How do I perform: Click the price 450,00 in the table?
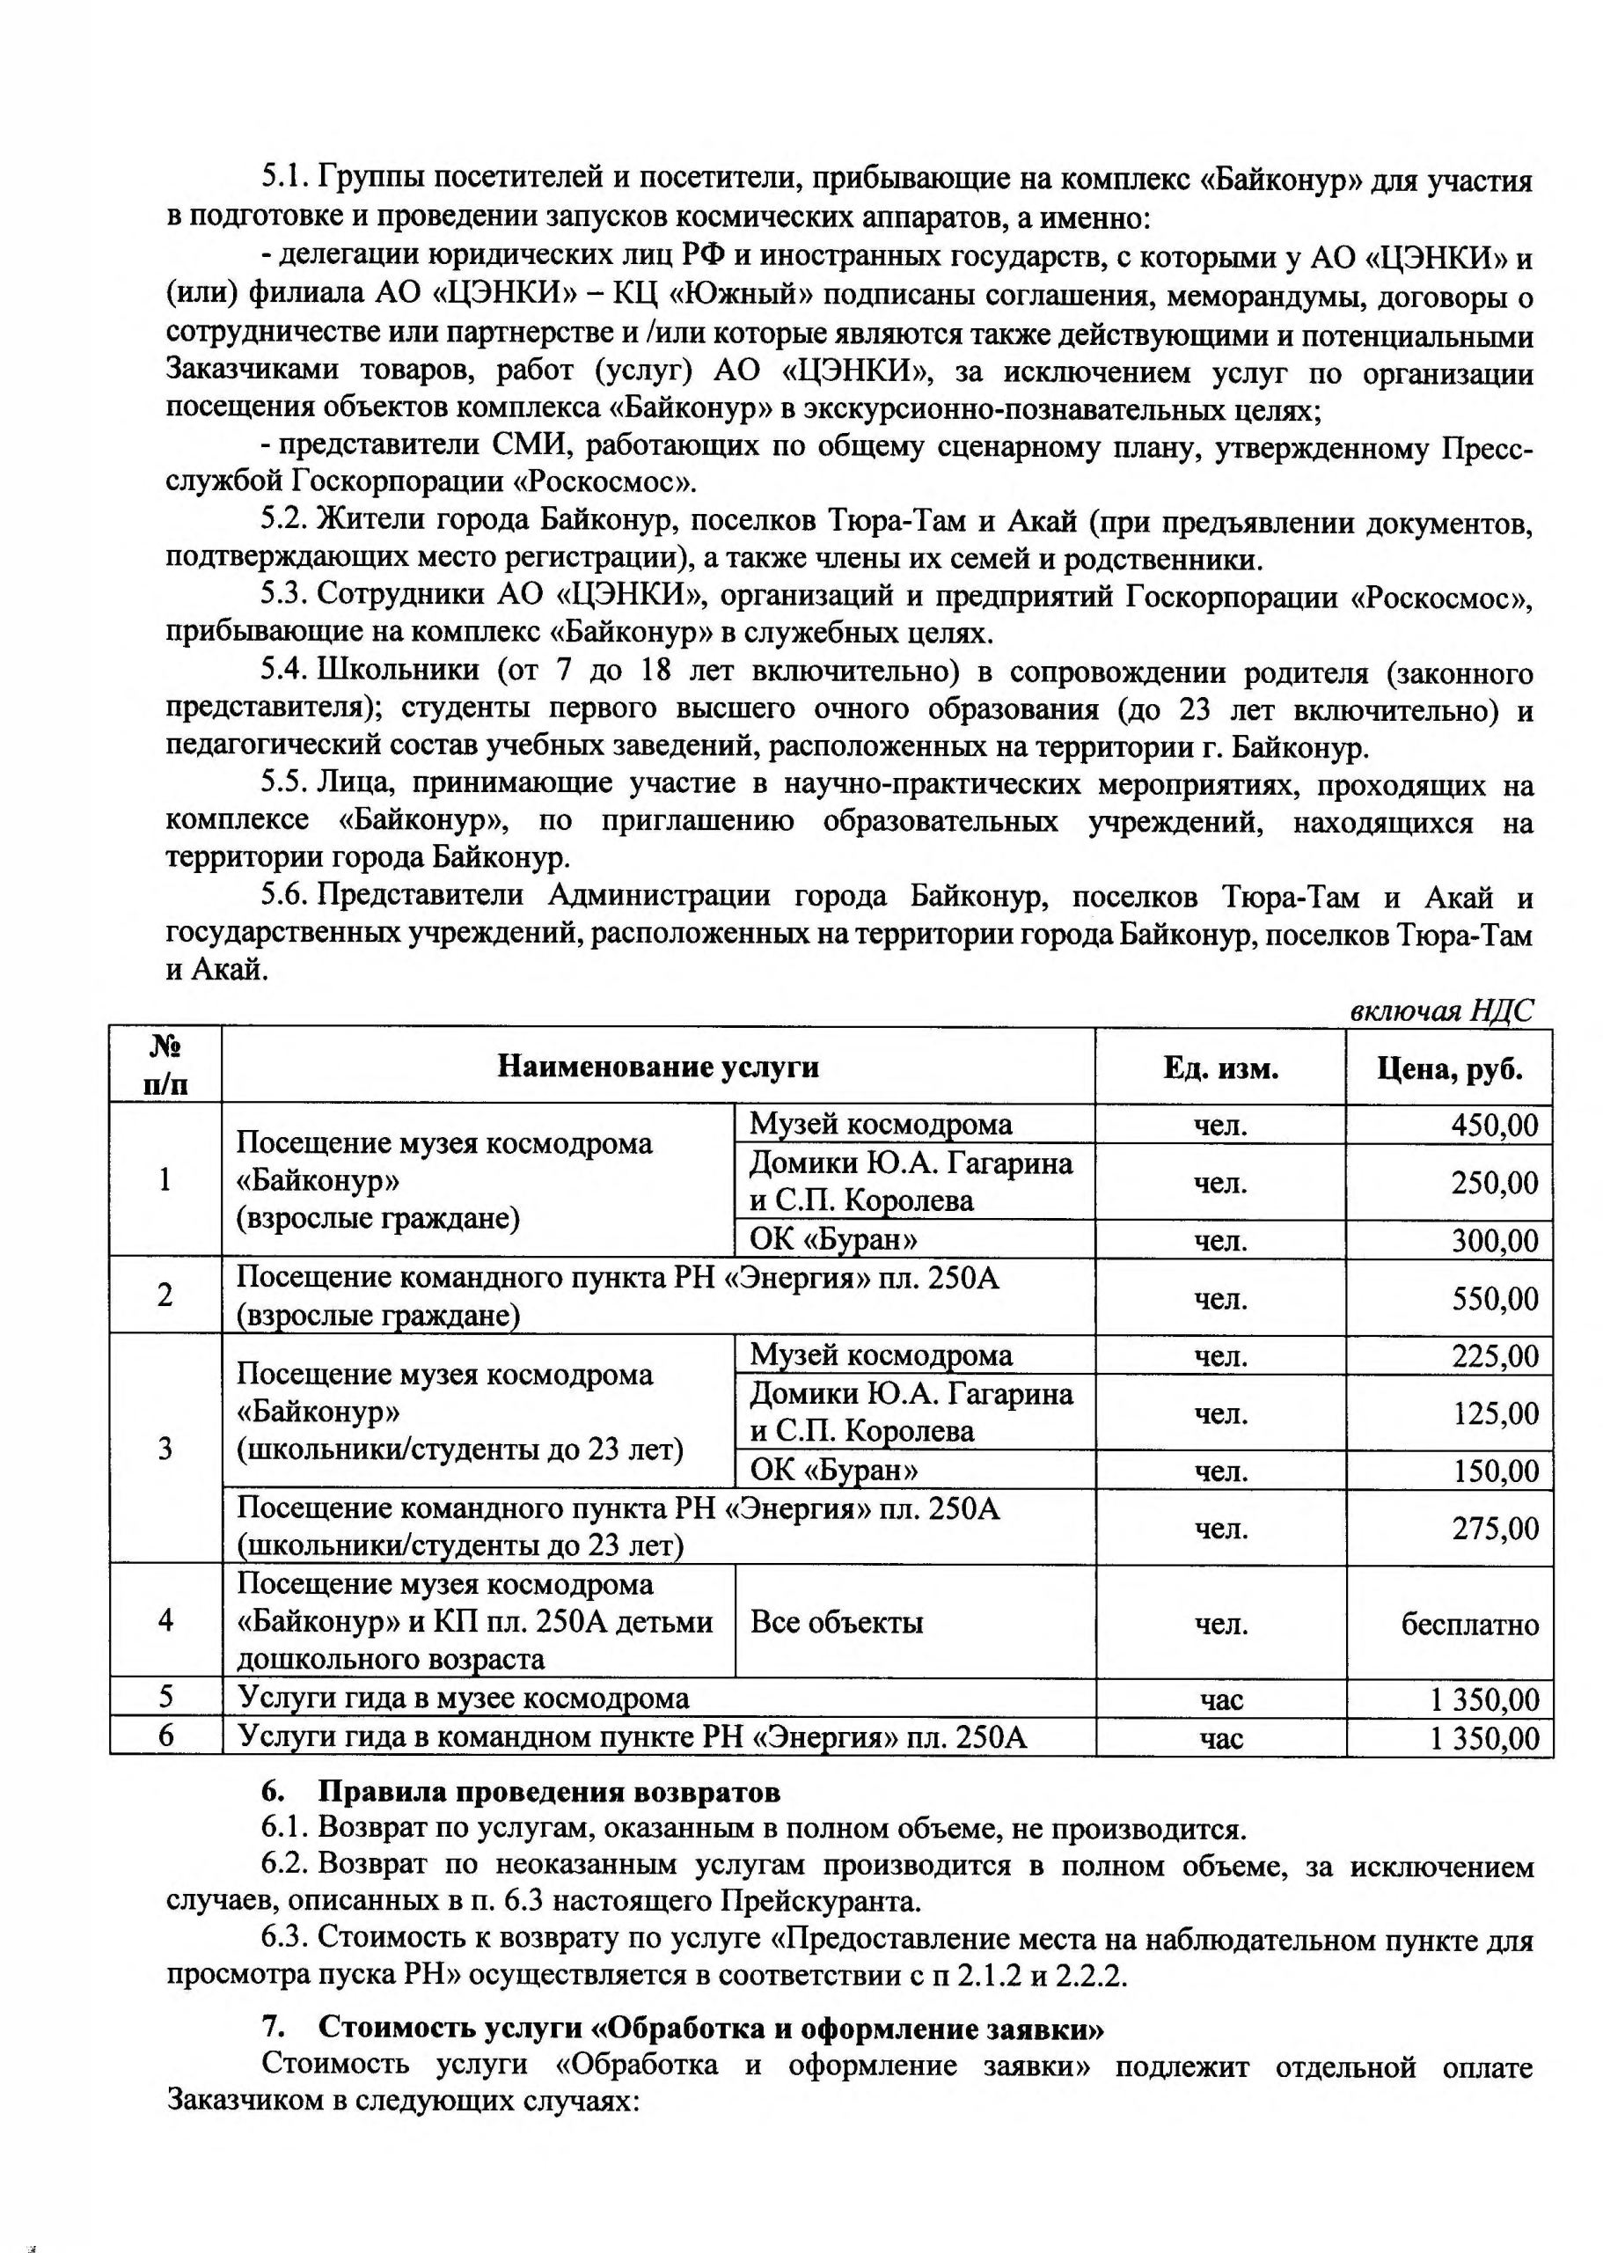coord(1493,1125)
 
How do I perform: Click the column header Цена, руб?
coord(1449,1068)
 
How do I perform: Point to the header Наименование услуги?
coord(657,1067)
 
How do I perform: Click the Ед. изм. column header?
coord(1220,1068)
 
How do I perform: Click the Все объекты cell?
coord(836,1621)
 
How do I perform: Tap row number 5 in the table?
coord(165,1696)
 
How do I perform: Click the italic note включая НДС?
coord(1441,1010)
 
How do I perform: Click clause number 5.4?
coord(284,671)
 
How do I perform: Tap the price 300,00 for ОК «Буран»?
coord(1493,1240)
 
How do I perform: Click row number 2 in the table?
coord(165,1295)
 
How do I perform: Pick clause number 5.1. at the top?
coord(284,178)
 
